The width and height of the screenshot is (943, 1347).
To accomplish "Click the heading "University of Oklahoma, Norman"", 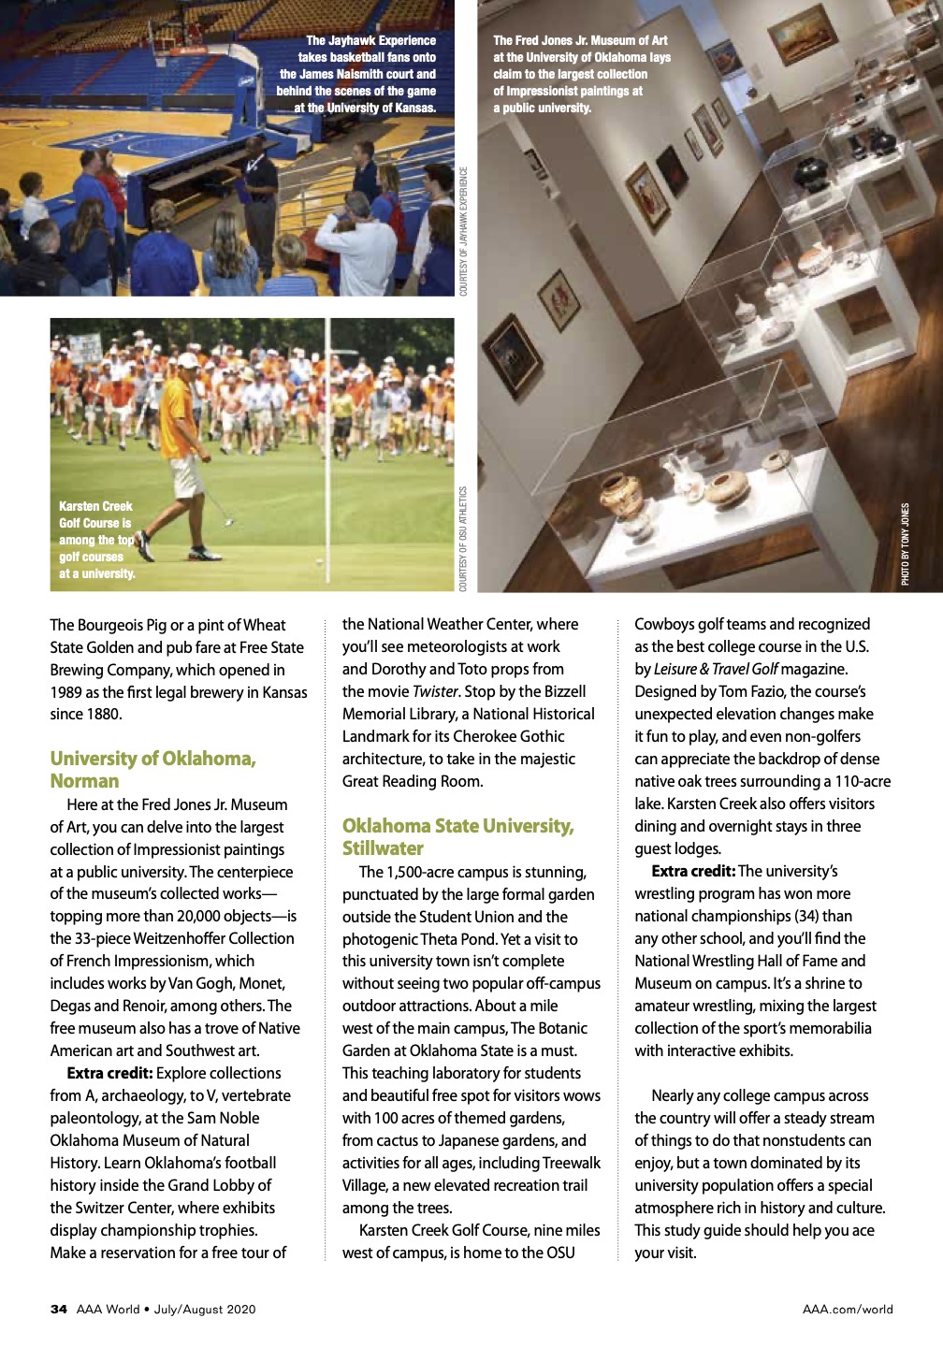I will (x=152, y=770).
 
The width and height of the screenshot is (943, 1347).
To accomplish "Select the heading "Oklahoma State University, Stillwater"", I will (x=457, y=837).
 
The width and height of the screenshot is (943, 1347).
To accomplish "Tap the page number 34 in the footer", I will (x=59, y=1309).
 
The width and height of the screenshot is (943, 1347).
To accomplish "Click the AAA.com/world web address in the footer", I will (x=847, y=1309).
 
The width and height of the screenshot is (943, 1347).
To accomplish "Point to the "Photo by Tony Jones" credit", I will (x=905, y=544).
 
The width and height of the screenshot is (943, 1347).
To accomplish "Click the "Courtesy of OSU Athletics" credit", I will (x=463, y=538).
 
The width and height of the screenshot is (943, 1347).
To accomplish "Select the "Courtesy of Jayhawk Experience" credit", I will (x=463, y=231).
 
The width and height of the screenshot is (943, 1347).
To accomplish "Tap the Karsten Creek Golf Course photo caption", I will (x=96, y=540).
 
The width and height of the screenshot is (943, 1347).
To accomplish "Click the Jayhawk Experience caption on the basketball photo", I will (x=356, y=74).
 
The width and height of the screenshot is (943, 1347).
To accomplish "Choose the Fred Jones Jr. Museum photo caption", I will (x=581, y=74).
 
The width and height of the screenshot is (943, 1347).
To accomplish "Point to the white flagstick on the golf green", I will (x=327, y=440).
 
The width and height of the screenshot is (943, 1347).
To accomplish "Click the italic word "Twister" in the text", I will (x=435, y=691).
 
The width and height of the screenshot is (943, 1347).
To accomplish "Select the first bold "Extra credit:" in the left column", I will (x=109, y=1073).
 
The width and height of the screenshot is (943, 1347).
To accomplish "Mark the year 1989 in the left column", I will (x=67, y=692).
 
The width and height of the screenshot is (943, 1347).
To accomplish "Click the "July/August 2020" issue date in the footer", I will (x=204, y=1309).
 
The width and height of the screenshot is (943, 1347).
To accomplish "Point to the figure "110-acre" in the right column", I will (x=863, y=781).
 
